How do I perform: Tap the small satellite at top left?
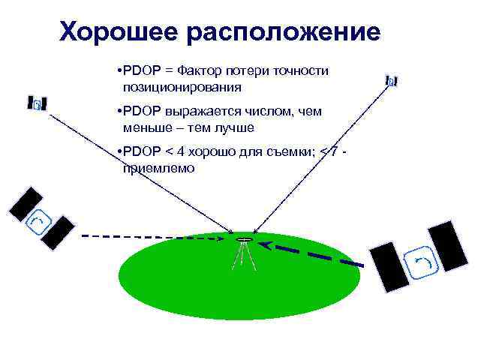[x=38, y=104]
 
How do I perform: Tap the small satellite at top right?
[x=391, y=81]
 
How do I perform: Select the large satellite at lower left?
[x=41, y=218]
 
